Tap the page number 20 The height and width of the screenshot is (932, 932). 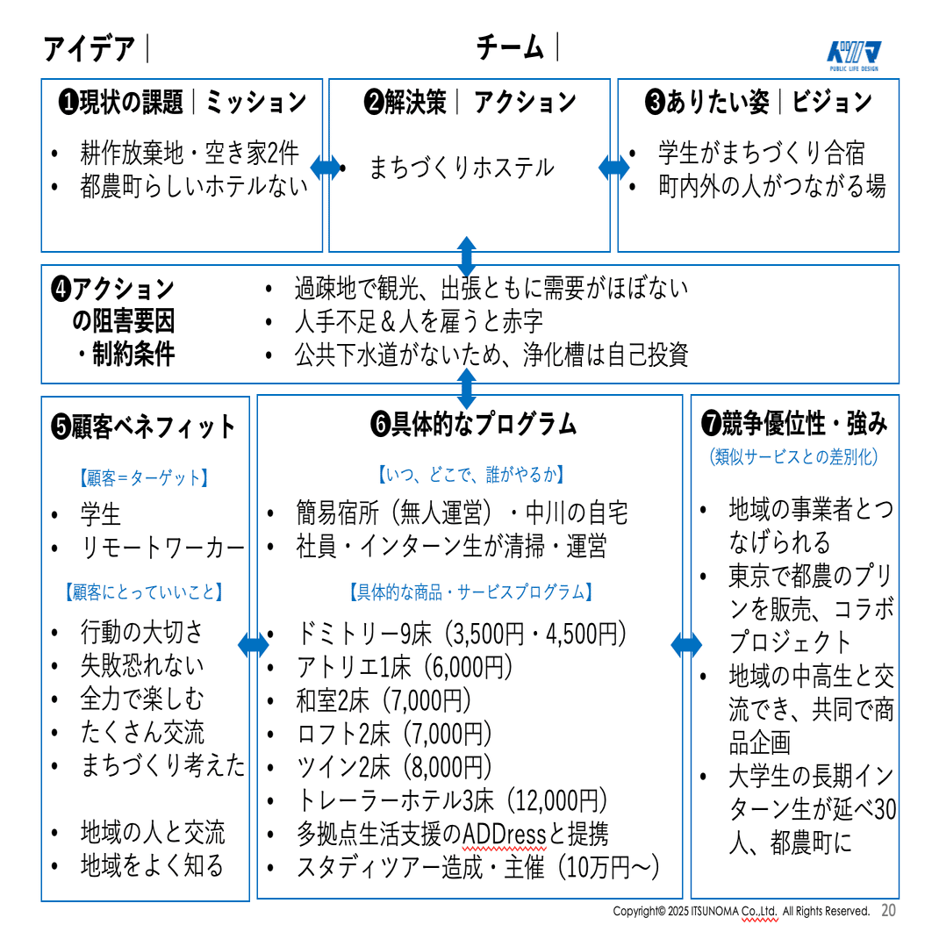tap(888, 911)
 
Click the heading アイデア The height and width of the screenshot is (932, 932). tap(90, 48)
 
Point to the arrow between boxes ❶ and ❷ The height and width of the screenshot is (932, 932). tap(326, 167)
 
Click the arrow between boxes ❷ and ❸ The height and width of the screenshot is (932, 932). tap(614, 167)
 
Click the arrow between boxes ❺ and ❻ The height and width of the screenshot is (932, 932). tap(254, 645)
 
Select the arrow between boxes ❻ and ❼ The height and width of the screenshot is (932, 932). tap(686, 645)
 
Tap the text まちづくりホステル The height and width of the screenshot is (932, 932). tap(461, 167)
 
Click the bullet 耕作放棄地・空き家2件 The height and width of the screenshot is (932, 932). tap(189, 153)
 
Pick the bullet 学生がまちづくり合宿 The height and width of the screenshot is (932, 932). tap(761, 153)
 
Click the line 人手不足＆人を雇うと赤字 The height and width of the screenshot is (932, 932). tap(419, 321)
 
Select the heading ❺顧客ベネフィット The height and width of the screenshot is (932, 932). tap(144, 427)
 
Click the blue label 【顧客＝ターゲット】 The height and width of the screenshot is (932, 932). tap(145, 478)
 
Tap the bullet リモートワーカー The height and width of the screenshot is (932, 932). tap(162, 548)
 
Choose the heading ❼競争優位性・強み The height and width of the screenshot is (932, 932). tap(794, 424)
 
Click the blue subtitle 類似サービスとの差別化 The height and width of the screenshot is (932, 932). tap(794, 456)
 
